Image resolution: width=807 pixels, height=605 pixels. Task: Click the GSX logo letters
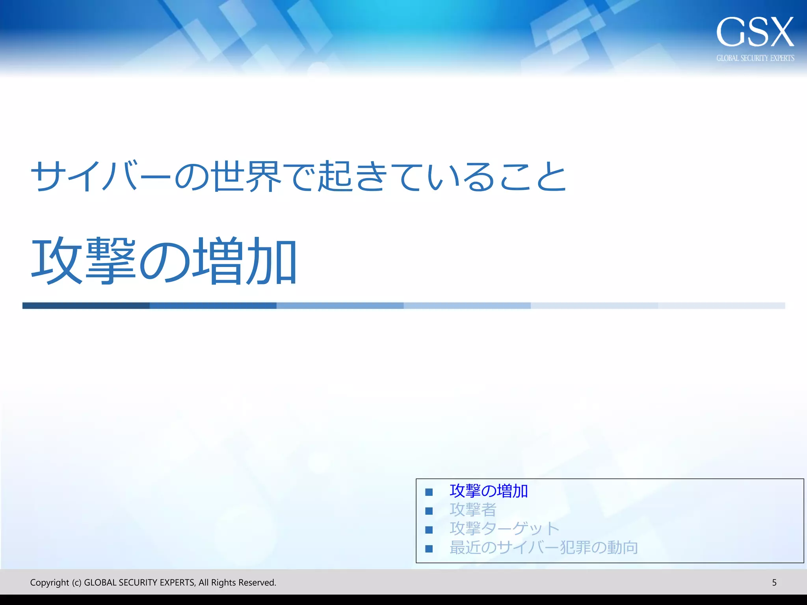click(x=755, y=32)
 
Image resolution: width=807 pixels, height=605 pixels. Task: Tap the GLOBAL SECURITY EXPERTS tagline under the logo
click(x=755, y=58)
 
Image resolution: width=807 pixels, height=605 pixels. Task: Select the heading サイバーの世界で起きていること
click(x=298, y=176)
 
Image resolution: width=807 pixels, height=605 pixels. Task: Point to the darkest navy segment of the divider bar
click(x=86, y=306)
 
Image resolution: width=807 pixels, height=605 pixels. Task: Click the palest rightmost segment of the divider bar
click(x=721, y=306)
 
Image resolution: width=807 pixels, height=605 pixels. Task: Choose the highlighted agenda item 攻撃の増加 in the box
click(x=489, y=491)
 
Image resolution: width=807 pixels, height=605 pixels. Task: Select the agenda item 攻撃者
click(x=473, y=510)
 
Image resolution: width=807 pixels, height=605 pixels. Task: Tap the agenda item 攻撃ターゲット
click(x=504, y=529)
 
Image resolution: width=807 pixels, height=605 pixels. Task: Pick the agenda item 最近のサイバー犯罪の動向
click(x=544, y=547)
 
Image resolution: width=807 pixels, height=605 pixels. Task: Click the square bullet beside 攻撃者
click(x=429, y=511)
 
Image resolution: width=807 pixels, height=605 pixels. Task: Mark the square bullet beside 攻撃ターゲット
click(x=429, y=530)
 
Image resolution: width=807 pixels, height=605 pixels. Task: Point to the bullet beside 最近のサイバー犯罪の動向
click(x=429, y=549)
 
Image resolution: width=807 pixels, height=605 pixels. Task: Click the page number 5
click(x=774, y=583)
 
